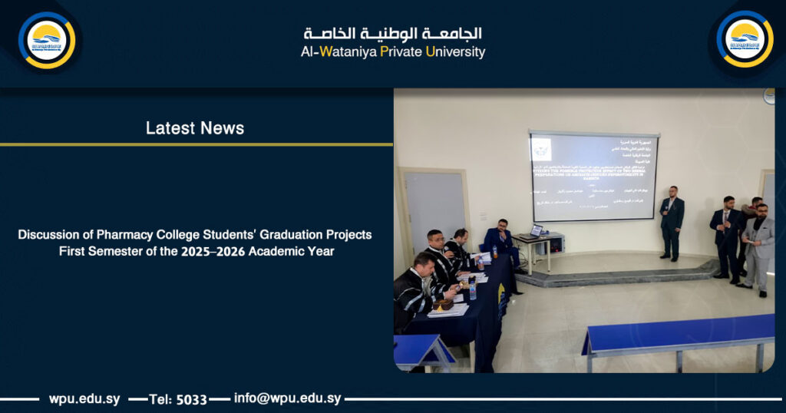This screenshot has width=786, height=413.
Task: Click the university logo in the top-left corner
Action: coord(47,39)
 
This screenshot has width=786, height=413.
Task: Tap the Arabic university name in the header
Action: coord(392,34)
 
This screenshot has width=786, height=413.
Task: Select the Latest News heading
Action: coord(195,128)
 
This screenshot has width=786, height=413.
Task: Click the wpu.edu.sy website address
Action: coord(84,399)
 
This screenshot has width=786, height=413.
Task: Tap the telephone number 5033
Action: coord(192,399)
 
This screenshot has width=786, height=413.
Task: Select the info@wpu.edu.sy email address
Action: coord(287,398)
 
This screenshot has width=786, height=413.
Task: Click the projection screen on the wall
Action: coord(593,176)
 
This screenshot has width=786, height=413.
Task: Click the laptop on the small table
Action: coord(536,230)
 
